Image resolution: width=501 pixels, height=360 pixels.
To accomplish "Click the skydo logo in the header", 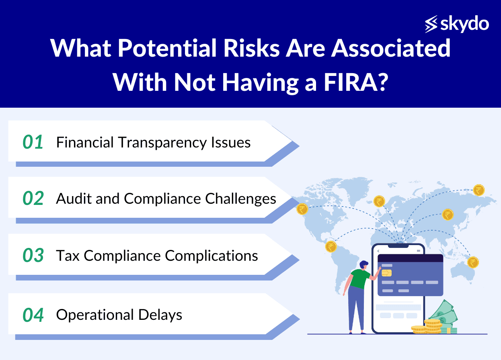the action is click(x=457, y=24).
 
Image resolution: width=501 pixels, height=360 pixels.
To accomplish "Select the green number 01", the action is click(x=33, y=142).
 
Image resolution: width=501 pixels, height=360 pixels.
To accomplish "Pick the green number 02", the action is click(x=33, y=198).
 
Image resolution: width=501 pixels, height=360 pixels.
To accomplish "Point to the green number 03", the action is click(x=33, y=255).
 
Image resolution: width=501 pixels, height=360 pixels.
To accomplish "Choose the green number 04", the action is click(x=33, y=315).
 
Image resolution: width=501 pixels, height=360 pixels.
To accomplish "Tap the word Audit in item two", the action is click(x=74, y=198).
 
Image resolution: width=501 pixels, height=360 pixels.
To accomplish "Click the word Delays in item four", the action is click(x=160, y=315).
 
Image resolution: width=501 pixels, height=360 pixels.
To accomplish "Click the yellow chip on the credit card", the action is click(x=386, y=273).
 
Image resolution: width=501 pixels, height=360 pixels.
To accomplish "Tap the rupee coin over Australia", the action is click(x=473, y=262).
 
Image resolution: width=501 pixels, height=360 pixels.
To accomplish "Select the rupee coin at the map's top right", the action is click(x=479, y=190).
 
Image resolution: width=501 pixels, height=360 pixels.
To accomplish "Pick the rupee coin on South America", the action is click(x=331, y=247).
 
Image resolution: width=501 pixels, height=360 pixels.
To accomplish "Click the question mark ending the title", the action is click(x=382, y=82).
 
